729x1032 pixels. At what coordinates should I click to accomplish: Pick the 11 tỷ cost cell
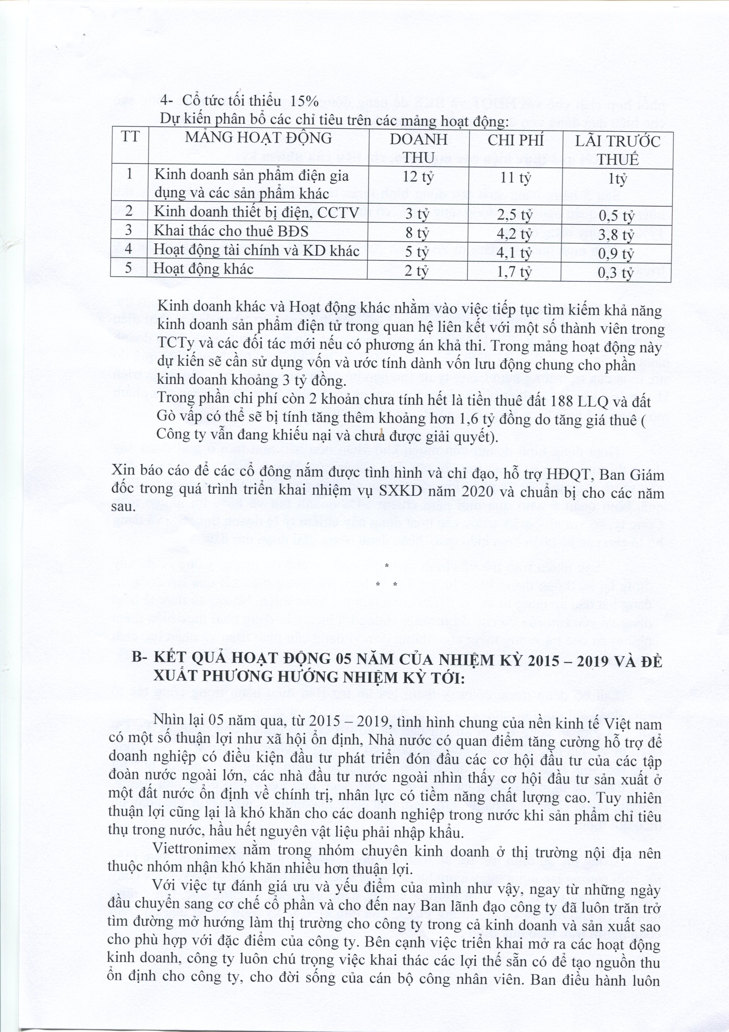click(x=516, y=178)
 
